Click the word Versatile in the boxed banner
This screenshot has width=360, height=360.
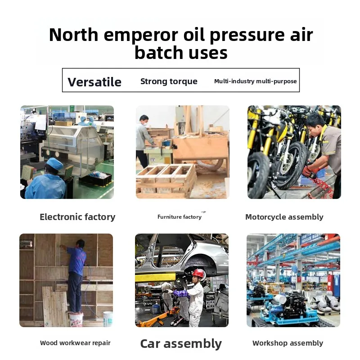[x=94, y=82]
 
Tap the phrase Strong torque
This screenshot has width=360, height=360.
[x=169, y=81]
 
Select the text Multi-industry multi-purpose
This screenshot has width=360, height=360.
[x=255, y=81]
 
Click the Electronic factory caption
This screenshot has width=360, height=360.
[x=77, y=217]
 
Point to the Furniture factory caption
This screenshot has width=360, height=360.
[x=180, y=217]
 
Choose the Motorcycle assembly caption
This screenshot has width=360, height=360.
[x=284, y=217]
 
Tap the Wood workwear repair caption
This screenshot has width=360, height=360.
[x=75, y=343]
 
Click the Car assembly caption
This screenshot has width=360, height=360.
[x=181, y=344]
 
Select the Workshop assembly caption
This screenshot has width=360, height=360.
[x=288, y=343]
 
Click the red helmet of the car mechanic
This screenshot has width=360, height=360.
[x=198, y=273]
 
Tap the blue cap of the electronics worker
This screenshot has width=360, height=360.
[x=54, y=163]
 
